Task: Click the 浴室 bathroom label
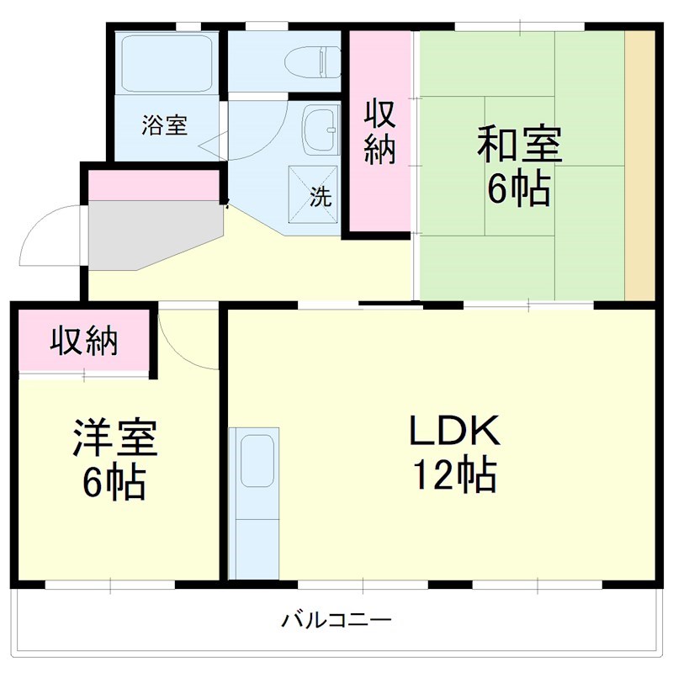pos(164,126)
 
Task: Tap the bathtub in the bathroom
pos(166,64)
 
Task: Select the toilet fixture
pos(311,61)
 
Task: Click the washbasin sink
pos(318,130)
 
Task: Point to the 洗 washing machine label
pos(321,198)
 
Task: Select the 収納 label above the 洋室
pos(84,341)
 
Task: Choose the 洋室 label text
pos(114,437)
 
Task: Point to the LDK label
pos(454,432)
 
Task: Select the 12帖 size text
pos(454,477)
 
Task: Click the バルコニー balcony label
pos(336,622)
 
